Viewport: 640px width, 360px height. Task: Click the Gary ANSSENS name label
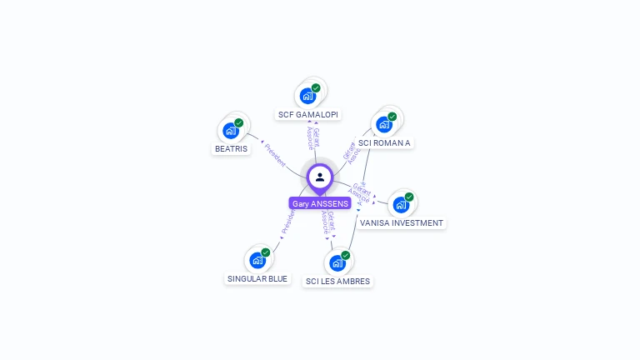click(320, 203)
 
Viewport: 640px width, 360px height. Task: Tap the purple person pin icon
click(320, 177)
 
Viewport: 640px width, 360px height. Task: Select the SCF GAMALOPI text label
click(309, 114)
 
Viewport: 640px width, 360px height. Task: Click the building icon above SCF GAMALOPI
click(307, 95)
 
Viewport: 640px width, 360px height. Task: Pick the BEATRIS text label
click(231, 148)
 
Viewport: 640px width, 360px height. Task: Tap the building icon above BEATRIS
click(231, 131)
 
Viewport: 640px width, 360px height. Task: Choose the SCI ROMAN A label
click(384, 142)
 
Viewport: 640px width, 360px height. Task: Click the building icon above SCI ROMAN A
click(384, 124)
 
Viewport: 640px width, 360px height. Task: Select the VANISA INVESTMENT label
click(402, 222)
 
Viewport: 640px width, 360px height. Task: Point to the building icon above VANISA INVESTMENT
click(401, 204)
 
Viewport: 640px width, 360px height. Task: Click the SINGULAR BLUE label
click(257, 278)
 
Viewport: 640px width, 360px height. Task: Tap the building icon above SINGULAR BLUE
click(257, 260)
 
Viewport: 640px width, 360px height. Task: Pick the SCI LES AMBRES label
click(337, 281)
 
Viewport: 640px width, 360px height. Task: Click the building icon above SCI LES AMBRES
click(337, 263)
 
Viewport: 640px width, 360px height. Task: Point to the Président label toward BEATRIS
click(275, 156)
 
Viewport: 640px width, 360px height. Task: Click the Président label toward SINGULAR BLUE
click(288, 222)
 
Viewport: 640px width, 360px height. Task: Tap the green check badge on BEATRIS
click(239, 123)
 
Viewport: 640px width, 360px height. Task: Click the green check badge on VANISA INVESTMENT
click(409, 197)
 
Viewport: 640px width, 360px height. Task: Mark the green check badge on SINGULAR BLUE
click(266, 252)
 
